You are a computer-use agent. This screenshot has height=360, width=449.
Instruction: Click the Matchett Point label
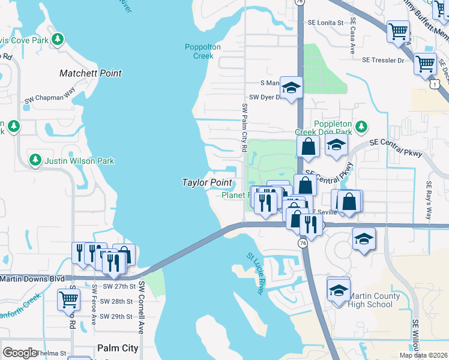click(x=91, y=73)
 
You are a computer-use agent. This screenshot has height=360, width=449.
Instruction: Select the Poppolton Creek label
click(x=203, y=52)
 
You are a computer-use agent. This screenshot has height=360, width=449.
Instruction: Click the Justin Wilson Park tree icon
click(x=35, y=160)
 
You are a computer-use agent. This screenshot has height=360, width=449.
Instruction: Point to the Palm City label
click(x=118, y=348)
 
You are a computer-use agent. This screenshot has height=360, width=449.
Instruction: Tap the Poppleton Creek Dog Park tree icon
click(x=360, y=126)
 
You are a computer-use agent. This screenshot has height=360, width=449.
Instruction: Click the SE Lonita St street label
click(x=325, y=22)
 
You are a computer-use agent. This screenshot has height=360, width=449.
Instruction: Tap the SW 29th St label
click(x=116, y=316)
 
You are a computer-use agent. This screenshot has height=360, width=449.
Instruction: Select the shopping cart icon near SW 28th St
click(x=68, y=299)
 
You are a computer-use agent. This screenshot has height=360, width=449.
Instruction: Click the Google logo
click(x=20, y=353)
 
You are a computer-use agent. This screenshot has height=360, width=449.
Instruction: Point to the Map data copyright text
click(x=424, y=355)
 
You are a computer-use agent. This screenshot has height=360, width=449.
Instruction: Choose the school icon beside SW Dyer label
click(x=291, y=88)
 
